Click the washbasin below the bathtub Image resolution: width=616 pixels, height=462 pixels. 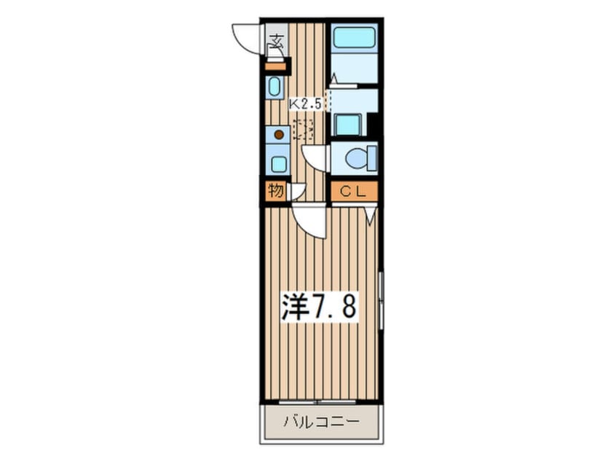point(348,125)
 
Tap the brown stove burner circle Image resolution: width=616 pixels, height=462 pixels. point(278,135)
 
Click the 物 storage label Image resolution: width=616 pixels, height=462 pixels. point(275,192)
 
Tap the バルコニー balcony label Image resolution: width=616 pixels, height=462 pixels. point(320,421)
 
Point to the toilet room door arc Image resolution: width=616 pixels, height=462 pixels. point(315,157)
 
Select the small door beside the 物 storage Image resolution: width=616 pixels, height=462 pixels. point(296,192)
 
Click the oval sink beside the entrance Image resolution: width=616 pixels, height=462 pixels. point(275,88)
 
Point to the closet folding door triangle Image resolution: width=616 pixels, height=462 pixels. point(371,213)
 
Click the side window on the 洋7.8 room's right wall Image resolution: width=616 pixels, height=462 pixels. point(380,299)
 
